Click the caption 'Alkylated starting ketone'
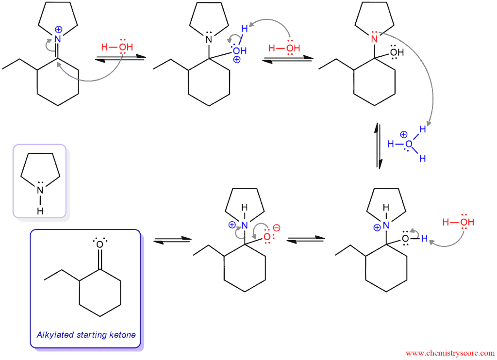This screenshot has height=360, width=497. click(x=86, y=335)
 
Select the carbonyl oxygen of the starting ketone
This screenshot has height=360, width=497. click(x=100, y=245)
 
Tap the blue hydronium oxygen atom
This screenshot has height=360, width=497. click(x=409, y=144)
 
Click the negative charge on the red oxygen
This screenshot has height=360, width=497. click(x=276, y=228)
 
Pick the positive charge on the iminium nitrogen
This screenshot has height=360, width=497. click(x=58, y=30)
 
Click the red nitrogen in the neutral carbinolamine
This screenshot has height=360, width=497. click(x=374, y=39)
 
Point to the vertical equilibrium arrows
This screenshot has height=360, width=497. click(x=379, y=146)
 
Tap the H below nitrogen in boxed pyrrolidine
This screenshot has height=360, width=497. click(x=40, y=211)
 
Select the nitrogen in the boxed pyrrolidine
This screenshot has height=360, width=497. click(x=40, y=190)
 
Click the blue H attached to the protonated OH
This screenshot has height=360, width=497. click(x=245, y=29)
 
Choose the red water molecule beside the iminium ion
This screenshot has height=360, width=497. click(x=117, y=47)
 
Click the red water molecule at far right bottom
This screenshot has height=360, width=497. click(x=458, y=222)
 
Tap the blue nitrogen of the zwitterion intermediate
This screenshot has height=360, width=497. click(x=245, y=225)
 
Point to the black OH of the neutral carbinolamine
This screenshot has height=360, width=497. click(x=397, y=52)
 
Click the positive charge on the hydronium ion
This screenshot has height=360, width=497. click(x=403, y=135)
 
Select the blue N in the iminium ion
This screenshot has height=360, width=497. click(x=57, y=39)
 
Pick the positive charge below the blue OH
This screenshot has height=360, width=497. click(x=237, y=59)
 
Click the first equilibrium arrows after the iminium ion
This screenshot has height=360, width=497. click(x=120, y=59)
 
